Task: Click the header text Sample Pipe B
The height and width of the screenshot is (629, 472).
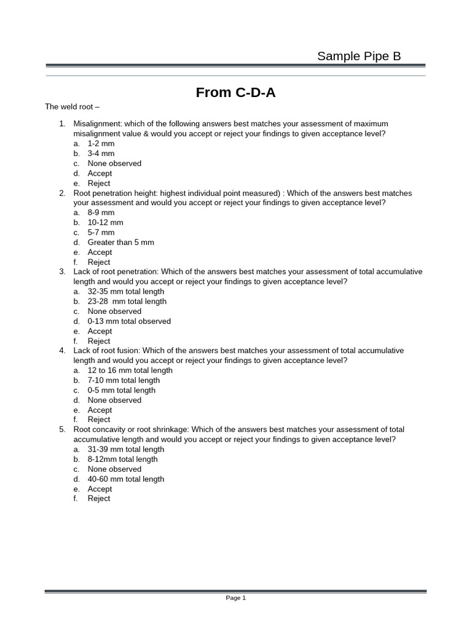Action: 358,57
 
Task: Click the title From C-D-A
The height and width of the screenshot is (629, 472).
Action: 236,92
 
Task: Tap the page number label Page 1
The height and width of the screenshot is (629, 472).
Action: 235,598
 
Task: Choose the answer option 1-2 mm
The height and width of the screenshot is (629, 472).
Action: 101,144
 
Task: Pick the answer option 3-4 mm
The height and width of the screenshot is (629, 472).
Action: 101,154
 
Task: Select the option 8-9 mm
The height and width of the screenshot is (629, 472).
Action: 101,213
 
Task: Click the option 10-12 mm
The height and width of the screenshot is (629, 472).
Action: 105,222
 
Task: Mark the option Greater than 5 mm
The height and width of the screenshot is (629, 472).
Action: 120,242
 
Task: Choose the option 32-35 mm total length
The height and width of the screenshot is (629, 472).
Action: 125,292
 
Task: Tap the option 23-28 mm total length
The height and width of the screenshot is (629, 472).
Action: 127,302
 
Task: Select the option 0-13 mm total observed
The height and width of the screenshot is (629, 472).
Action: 129,321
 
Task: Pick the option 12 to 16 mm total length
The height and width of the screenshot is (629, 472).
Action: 130,370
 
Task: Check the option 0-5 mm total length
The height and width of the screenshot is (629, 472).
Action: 121,390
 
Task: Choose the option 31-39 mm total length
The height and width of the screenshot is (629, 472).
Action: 125,449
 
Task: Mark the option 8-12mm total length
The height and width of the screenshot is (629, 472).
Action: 122,459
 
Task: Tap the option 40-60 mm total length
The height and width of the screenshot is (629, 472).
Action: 125,479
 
